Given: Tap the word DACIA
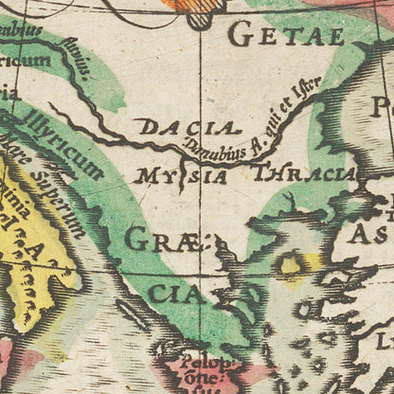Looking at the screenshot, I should pos(185,127).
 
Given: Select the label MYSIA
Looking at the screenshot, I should pos(182,175).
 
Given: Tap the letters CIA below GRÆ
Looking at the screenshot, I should pos(174,294).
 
